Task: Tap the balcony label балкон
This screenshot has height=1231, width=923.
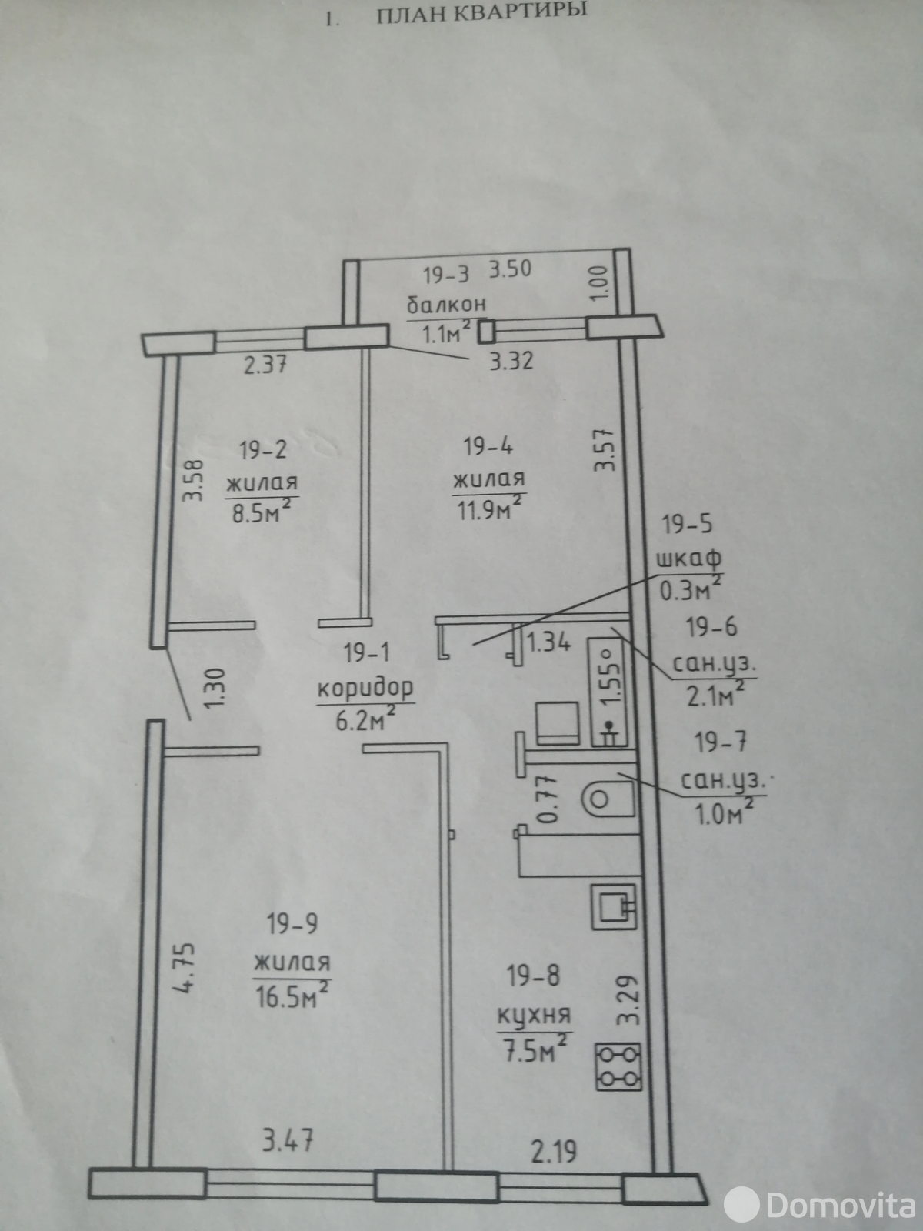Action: pyautogui.click(x=447, y=305)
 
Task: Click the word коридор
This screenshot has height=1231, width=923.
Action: pyautogui.click(x=365, y=687)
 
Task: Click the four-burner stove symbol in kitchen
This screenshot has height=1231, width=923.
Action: pyautogui.click(x=618, y=1075)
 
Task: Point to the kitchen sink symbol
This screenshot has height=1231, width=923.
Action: pyautogui.click(x=615, y=905)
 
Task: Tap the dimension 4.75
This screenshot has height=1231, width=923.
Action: pyautogui.click(x=187, y=968)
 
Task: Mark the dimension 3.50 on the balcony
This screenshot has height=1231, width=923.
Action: pyautogui.click(x=510, y=270)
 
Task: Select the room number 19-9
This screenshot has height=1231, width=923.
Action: pyautogui.click(x=293, y=924)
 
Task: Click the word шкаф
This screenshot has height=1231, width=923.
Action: pyautogui.click(x=688, y=559)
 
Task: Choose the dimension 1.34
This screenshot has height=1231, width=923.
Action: pyautogui.click(x=549, y=641)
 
